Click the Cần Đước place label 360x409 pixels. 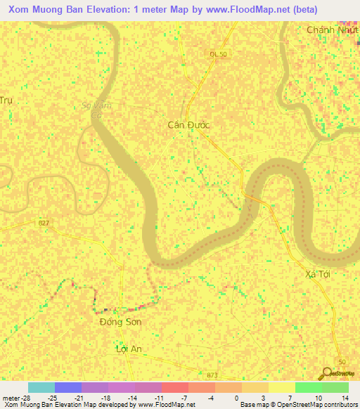click(188, 124)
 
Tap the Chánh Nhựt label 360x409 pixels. click(333, 30)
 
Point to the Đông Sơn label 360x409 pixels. click(120, 322)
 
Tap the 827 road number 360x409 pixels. click(44, 223)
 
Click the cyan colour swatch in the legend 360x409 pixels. click(41, 387)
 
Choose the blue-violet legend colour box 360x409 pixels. click(68, 387)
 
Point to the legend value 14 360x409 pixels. click(345, 398)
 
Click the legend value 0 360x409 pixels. click(238, 398)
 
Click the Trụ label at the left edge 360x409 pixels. click(7, 100)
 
